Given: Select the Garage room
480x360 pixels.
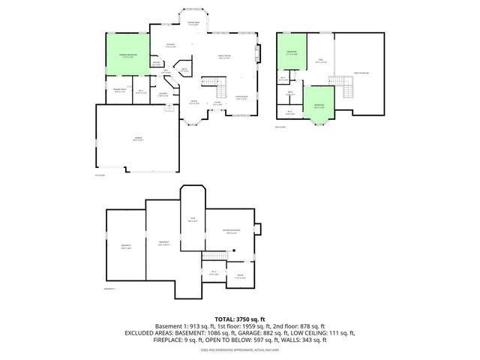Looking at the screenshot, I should (x=137, y=139).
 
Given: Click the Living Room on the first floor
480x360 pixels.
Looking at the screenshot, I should (x=241, y=97).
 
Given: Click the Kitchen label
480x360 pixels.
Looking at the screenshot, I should (x=171, y=46).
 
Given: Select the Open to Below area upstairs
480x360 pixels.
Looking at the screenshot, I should (x=361, y=71).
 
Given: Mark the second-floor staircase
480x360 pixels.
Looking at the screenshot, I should (x=347, y=91).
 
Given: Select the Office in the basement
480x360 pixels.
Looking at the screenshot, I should (x=240, y=275).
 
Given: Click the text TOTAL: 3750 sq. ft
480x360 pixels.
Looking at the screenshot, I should (x=239, y=319).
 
